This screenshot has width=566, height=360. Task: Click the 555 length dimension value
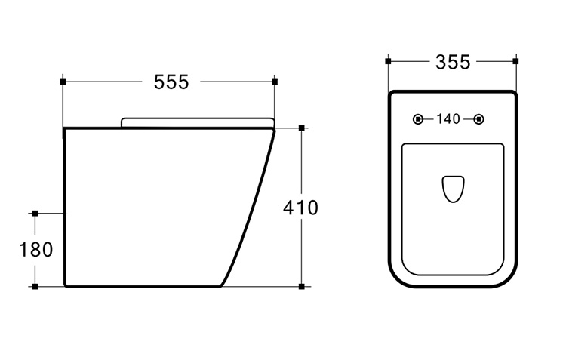[171, 82]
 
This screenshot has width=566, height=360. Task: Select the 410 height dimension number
[300, 208]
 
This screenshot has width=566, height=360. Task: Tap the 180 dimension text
[35, 250]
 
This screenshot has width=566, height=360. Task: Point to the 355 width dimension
[453, 62]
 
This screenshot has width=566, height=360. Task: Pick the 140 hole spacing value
[448, 118]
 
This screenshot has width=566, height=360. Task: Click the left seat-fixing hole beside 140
[418, 118]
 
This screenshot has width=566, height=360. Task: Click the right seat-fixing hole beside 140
[478, 118]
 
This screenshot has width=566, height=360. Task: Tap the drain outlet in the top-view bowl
[453, 189]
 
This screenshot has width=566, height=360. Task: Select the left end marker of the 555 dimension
[63, 82]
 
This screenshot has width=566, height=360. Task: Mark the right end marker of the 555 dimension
[275, 82]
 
